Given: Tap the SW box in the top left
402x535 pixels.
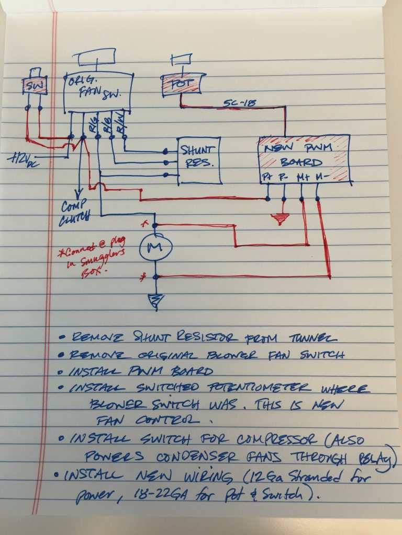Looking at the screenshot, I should [x=34, y=86].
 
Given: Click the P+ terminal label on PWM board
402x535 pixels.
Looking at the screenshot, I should [x=267, y=179].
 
